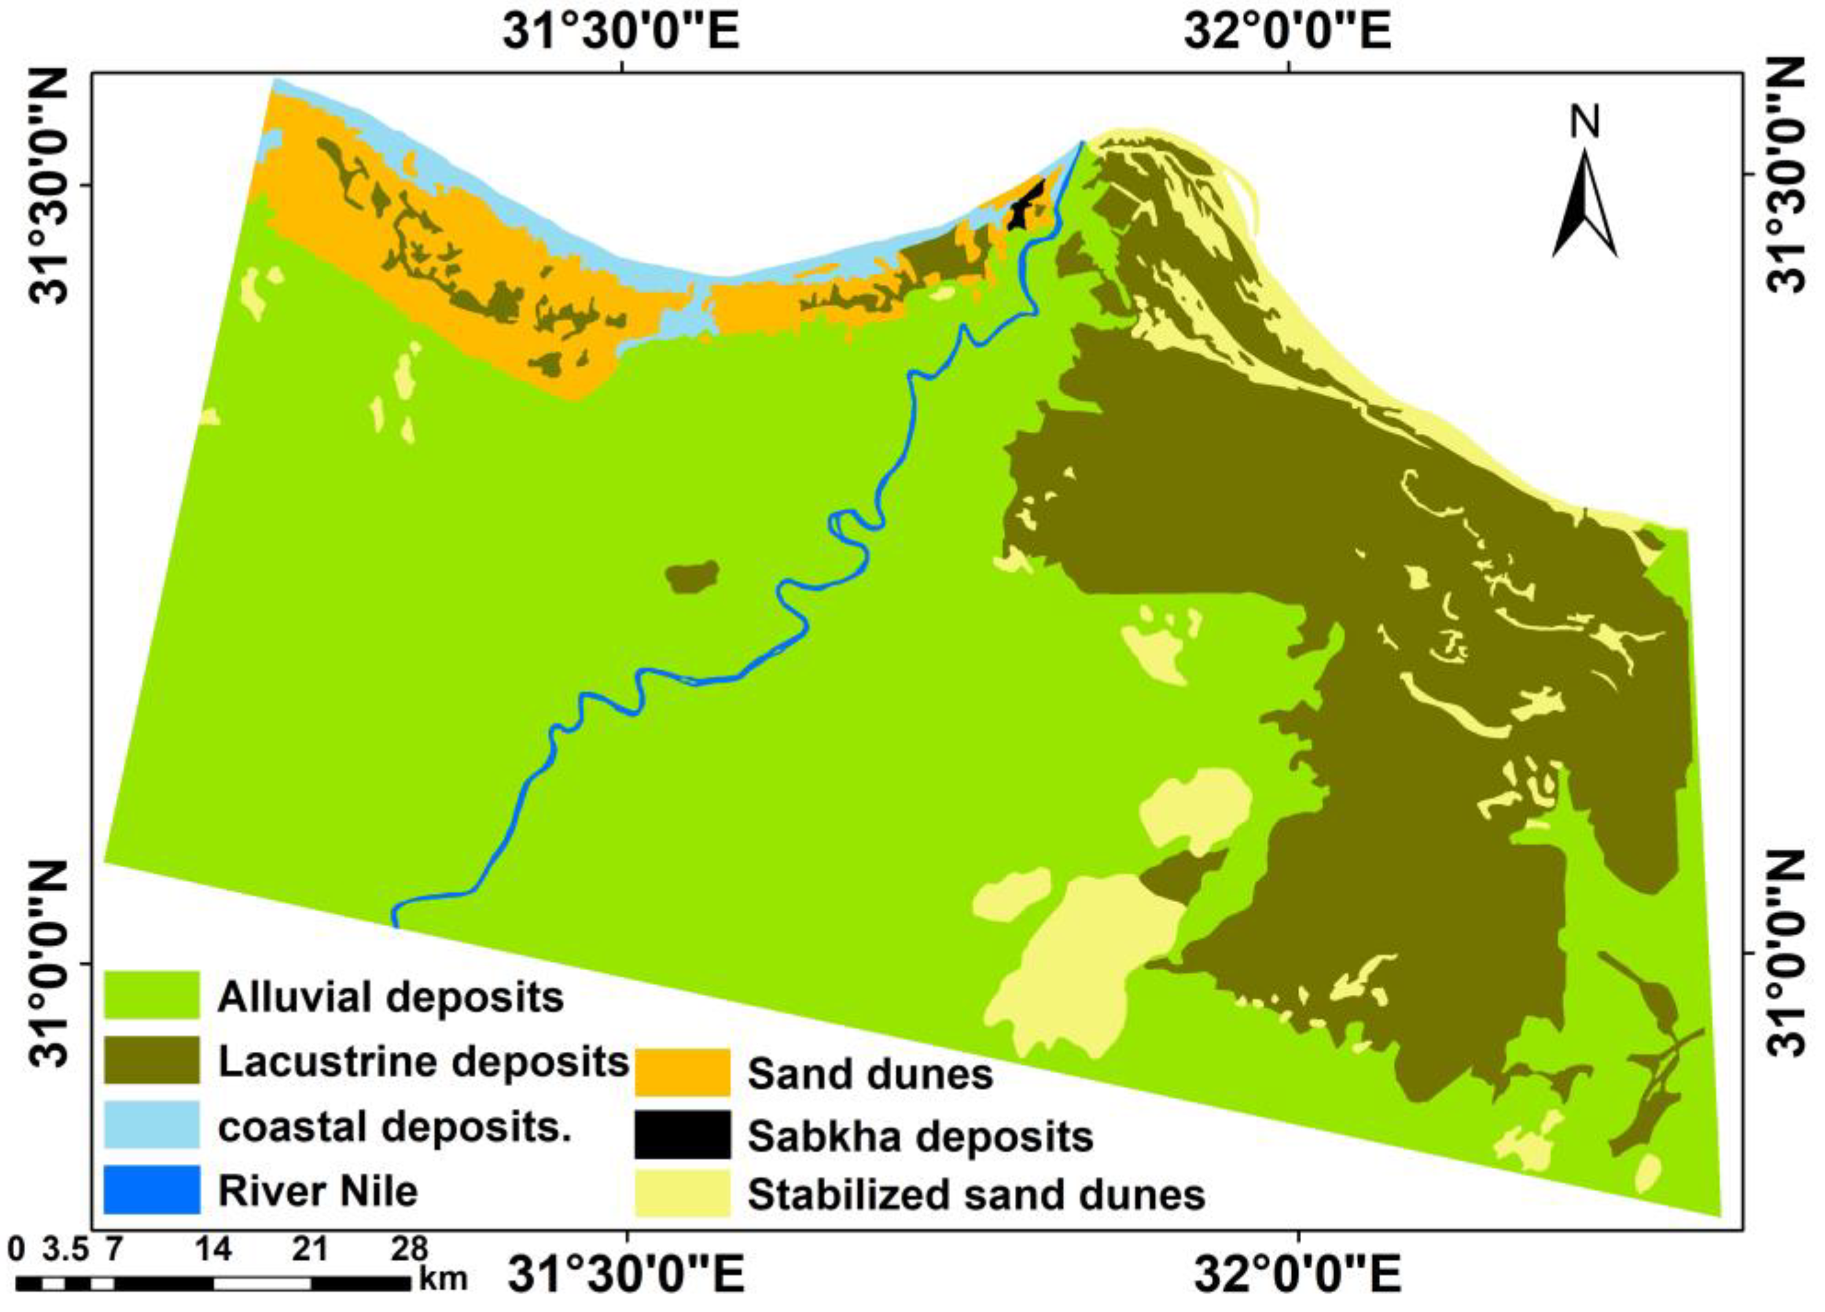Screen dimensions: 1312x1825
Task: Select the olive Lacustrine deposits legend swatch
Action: (151, 1060)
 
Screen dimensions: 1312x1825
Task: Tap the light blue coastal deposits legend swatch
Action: (151, 1124)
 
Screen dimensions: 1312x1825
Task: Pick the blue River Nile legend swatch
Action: (151, 1189)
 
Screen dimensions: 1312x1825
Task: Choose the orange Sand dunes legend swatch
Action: (682, 1071)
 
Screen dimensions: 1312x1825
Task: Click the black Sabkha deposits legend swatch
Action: (682, 1134)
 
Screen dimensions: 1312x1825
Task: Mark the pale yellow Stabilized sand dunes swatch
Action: (682, 1194)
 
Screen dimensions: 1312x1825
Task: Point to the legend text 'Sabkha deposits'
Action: (920, 1136)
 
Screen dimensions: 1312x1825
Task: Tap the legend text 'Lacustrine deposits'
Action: (423, 1061)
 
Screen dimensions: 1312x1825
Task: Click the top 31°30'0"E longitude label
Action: (621, 34)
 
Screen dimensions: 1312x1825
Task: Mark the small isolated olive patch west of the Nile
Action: (693, 576)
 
